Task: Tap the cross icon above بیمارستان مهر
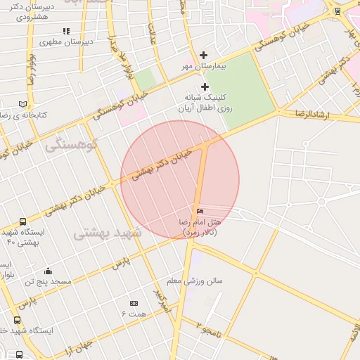204,55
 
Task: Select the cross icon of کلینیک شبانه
205,86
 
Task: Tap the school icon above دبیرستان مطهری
66,31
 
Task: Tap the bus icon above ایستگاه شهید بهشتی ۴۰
23,221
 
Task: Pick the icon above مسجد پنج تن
48,271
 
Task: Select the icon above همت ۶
134,303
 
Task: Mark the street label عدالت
150,32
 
